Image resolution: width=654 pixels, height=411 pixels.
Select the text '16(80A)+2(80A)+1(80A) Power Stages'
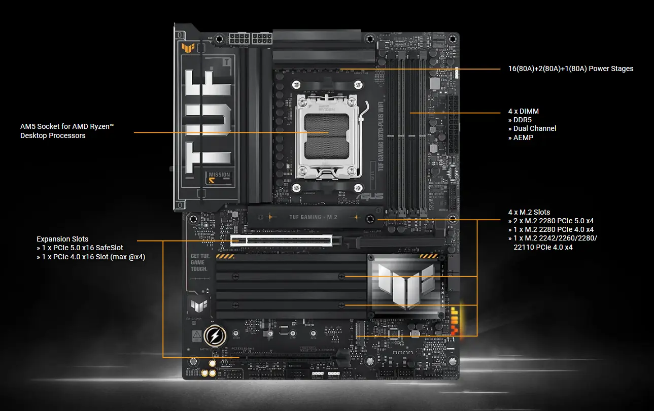pos(570,68)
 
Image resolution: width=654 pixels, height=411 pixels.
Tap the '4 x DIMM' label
pos(523,111)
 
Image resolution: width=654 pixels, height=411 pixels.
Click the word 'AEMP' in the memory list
pos(523,138)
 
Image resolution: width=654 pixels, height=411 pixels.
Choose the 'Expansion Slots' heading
pos(62,239)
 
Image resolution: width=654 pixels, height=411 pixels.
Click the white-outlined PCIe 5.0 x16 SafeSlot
pos(281,239)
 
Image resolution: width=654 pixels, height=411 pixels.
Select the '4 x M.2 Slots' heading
pos(529,212)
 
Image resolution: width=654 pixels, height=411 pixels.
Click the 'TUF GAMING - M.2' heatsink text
pos(313,217)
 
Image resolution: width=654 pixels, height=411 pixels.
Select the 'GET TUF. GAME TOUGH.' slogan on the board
pos(199,262)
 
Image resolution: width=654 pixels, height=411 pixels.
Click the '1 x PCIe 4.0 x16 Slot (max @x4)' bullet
pos(91,256)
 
